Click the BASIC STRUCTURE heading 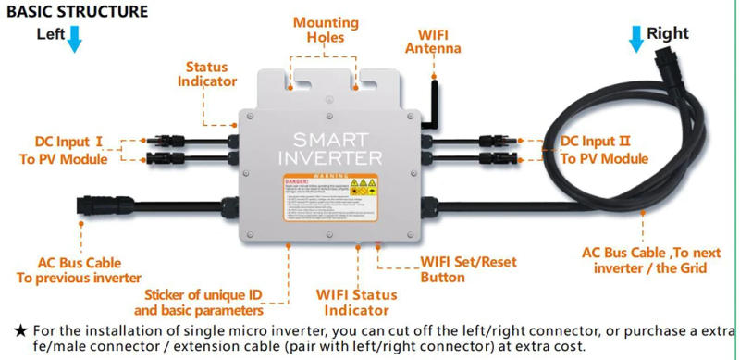pos(77,12)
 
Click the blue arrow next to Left pos(74,37)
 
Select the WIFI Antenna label pos(433,41)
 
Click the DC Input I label pos(68,150)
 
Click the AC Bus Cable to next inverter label pos(645,260)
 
